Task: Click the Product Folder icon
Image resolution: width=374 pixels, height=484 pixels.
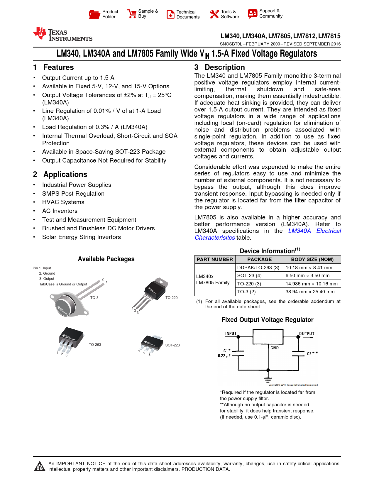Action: coord(94,14)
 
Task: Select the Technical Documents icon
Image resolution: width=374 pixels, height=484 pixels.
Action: coord(170,14)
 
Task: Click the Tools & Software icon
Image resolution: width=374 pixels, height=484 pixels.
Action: coord(214,14)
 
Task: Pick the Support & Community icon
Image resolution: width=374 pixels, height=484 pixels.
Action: coord(252,13)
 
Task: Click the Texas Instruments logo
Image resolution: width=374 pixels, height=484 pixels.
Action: coord(63,34)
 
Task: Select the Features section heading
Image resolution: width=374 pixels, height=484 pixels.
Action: coord(58,67)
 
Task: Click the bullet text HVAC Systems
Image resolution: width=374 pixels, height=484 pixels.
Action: coord(63,202)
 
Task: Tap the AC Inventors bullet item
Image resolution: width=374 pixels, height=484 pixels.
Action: coord(60,211)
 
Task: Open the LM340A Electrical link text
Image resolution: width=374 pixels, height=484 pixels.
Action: coord(314,231)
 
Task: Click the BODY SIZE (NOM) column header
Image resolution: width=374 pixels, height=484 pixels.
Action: coord(312,260)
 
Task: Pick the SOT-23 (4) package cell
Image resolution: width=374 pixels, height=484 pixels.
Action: coord(249,276)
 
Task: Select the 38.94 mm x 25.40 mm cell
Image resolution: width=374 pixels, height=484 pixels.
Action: coord(310,292)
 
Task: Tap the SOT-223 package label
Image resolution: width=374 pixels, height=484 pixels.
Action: coord(172,345)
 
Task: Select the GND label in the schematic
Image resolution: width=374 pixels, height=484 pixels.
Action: coord(275,348)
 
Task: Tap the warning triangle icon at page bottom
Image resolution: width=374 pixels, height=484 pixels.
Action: coord(39,466)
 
